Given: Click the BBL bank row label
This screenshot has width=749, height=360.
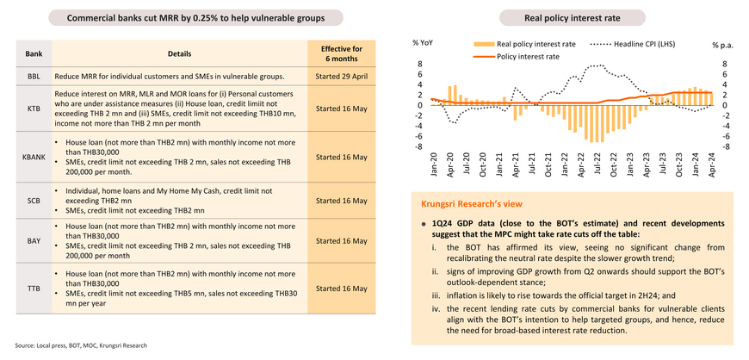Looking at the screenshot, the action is (34, 76).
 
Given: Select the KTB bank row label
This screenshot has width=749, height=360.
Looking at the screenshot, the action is (34, 109).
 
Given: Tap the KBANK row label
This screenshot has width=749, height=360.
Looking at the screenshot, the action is (34, 157).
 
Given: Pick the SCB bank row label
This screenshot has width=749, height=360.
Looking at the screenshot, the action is (34, 201).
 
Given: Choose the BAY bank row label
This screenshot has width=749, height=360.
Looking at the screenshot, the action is (34, 241).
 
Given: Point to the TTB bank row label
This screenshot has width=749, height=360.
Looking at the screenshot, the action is (34, 289).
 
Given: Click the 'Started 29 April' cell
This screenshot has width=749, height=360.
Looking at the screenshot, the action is (341, 76).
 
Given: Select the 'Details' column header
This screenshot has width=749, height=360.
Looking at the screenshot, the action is (180, 53).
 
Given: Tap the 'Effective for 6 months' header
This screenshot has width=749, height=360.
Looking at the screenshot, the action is (341, 53).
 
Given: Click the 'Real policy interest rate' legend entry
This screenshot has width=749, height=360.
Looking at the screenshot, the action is (525, 44).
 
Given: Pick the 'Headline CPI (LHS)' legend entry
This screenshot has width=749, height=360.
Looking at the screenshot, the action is (633, 44).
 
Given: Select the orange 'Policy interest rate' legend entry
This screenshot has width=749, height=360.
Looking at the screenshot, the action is (517, 56).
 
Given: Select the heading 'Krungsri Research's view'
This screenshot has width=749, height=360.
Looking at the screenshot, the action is (472, 204).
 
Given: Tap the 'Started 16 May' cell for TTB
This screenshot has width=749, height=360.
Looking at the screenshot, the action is (341, 289).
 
